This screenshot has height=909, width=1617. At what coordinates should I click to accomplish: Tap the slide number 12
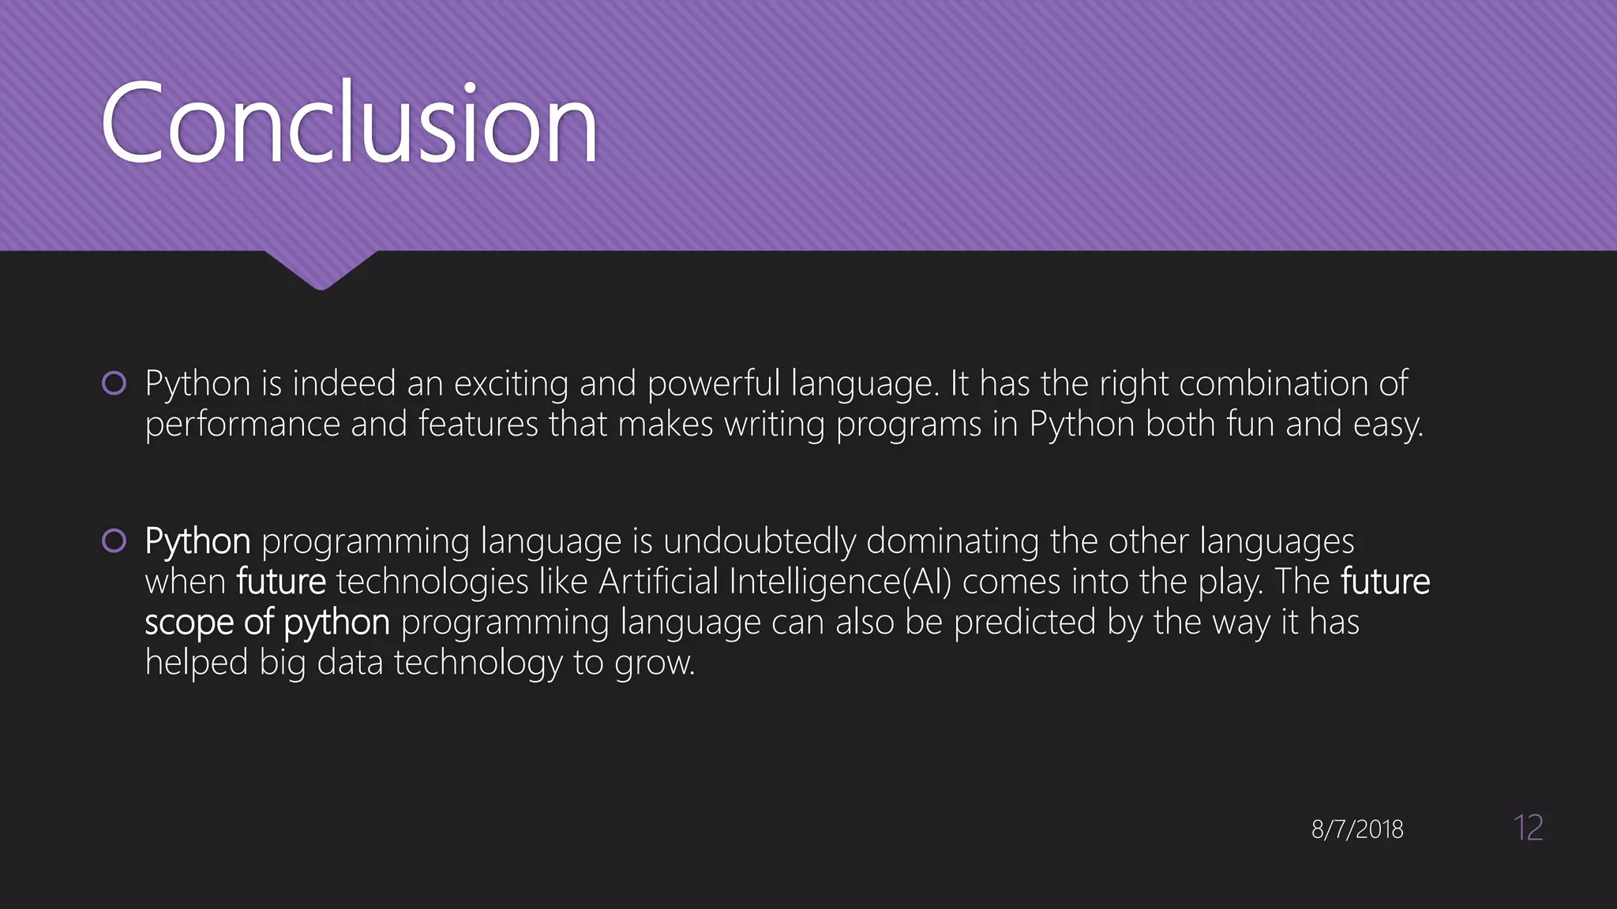pyautogui.click(x=1528, y=828)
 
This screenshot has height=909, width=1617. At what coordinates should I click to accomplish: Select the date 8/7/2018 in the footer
pyautogui.click(x=1357, y=829)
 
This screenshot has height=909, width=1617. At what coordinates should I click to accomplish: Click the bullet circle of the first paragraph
pyautogui.click(x=114, y=383)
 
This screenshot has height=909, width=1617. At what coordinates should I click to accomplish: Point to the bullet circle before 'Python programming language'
pyautogui.click(x=114, y=541)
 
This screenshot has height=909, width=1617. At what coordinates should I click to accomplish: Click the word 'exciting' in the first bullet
pyautogui.click(x=511, y=384)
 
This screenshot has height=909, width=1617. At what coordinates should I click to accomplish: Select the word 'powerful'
pyautogui.click(x=714, y=384)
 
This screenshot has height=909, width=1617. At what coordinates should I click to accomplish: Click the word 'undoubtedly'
pyautogui.click(x=759, y=542)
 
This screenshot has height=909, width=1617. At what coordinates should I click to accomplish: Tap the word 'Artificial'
pyautogui.click(x=658, y=582)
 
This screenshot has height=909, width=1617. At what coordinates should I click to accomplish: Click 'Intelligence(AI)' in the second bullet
pyautogui.click(x=840, y=582)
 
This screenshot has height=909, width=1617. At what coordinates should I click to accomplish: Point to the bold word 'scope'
pyautogui.click(x=189, y=623)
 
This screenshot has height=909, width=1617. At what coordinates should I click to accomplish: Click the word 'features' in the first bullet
pyautogui.click(x=478, y=425)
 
